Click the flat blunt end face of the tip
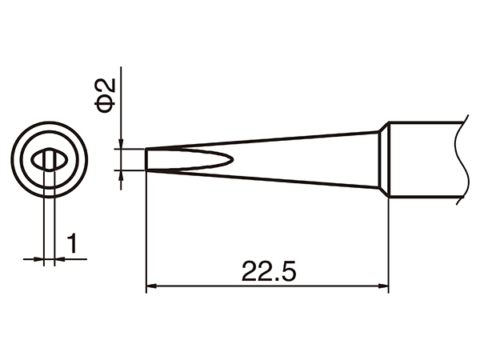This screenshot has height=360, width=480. pyautogui.click(x=146, y=158)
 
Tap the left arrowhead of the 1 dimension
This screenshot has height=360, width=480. pyautogui.click(x=40, y=258)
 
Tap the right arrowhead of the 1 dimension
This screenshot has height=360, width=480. pyautogui.click(x=60, y=258)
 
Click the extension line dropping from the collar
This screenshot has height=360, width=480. pyautogui.click(x=388, y=240)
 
